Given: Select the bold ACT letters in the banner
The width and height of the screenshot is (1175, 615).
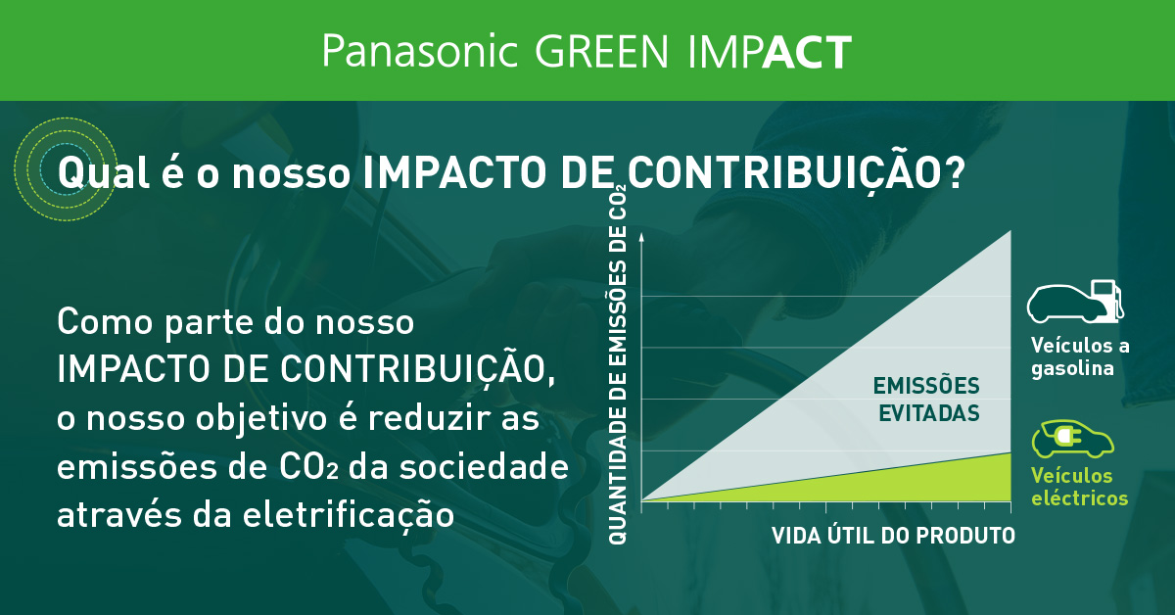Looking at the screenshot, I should [x=806, y=52].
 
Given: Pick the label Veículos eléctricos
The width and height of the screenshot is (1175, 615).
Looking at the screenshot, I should [x=1079, y=487].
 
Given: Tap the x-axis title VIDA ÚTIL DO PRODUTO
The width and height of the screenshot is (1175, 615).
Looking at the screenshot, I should [x=893, y=536].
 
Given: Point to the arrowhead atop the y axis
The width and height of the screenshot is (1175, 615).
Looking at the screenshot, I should [x=640, y=236].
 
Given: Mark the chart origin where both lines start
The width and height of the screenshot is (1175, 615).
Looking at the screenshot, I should [x=640, y=501].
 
